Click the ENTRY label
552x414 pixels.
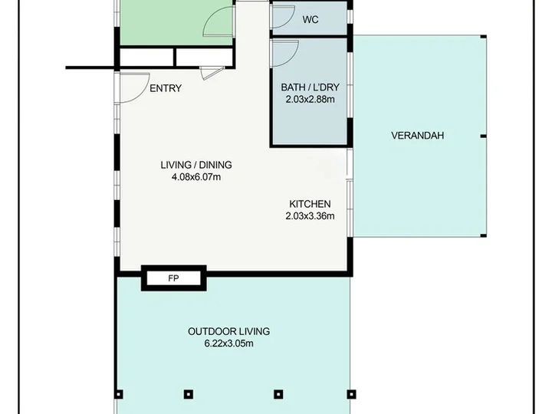(166, 88)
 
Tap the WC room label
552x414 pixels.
(310, 20)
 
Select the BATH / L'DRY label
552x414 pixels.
(310, 87)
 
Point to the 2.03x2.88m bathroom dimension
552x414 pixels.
(310, 99)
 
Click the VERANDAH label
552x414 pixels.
(418, 136)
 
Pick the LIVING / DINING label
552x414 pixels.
(196, 165)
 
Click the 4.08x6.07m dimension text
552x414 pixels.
(196, 177)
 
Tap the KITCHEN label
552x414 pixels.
(310, 204)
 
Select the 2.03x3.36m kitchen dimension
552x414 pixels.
(310, 215)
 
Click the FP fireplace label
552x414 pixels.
(173, 278)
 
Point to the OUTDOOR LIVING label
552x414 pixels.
(228, 331)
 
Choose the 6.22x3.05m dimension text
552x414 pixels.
(228, 343)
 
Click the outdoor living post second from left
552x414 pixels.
(189, 394)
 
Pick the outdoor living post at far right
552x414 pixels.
(351, 394)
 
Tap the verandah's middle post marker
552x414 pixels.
(483, 136)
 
